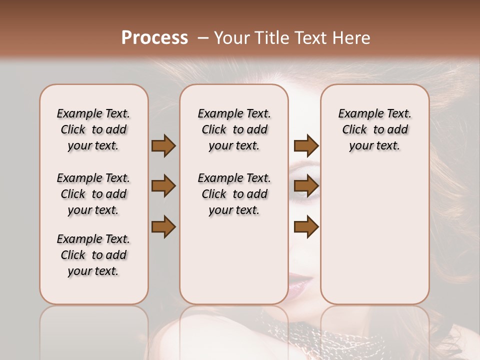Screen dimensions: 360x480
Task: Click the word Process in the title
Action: coord(154,38)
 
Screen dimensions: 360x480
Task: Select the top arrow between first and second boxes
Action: coord(163,145)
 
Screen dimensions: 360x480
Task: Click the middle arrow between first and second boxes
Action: coord(163,186)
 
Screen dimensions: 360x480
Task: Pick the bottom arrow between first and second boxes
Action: coord(163,227)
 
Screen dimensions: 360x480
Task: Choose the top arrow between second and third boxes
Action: coord(306,145)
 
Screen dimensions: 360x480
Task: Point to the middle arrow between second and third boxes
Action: coord(306,186)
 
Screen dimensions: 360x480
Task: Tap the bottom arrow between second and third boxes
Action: coord(306,227)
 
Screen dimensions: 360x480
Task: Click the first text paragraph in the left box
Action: coord(93,129)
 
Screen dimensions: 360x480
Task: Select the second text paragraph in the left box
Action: coord(93,194)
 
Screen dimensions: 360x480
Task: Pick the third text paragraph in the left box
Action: coord(93,255)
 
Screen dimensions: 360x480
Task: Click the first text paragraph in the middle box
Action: coord(234,129)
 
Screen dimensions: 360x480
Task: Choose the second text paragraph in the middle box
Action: coord(234,194)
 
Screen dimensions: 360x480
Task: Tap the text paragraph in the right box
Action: coord(374,129)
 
